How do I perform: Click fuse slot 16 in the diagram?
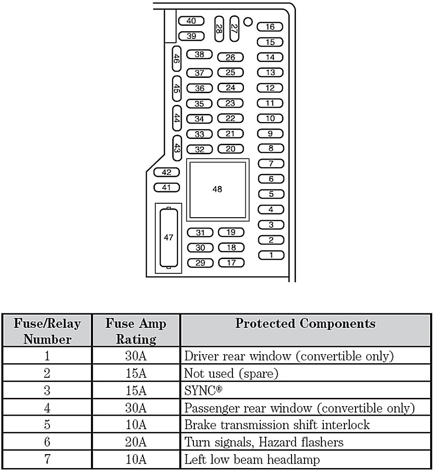pos(270,27)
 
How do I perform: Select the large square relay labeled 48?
pos(217,189)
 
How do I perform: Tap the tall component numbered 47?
pos(168,237)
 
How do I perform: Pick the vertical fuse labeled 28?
pos(219,30)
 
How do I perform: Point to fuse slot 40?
pos(191,21)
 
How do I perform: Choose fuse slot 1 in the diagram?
pos(271,255)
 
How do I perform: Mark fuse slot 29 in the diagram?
pos(200,263)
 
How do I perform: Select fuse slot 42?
pos(166,173)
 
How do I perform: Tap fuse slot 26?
pos(230,57)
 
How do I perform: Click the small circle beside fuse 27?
pos(248,21)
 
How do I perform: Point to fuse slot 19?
pos(231,233)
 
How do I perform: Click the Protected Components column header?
pos(305,323)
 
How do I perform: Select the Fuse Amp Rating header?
pos(136,331)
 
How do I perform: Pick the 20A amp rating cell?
pos(136,442)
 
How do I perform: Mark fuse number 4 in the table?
pos(47,408)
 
